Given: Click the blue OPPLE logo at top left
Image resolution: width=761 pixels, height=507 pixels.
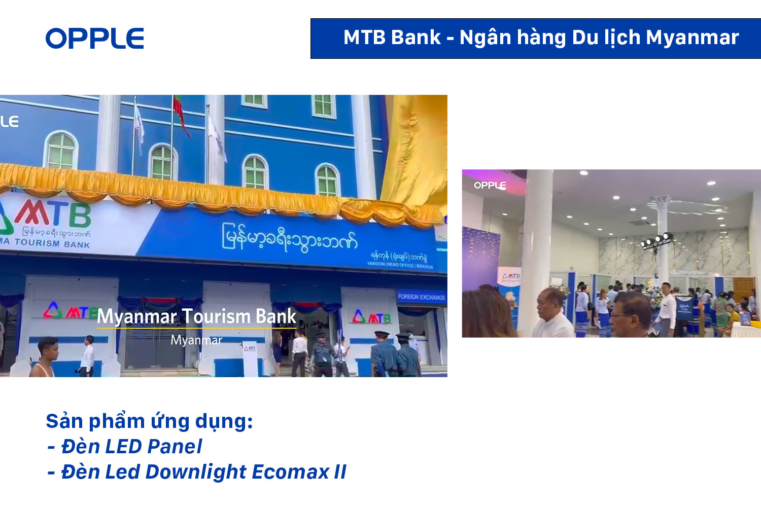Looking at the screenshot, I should click(95, 39).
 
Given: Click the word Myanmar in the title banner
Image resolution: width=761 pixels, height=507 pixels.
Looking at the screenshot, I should click(692, 38).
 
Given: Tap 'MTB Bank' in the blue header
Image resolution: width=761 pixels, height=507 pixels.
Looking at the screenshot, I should click(392, 38).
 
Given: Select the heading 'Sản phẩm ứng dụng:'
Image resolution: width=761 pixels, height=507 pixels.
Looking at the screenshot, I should click(149, 421).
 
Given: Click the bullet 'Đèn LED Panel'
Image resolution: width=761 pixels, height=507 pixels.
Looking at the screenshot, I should click(131, 447).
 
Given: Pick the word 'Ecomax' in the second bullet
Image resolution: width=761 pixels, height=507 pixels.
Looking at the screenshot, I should click(290, 472).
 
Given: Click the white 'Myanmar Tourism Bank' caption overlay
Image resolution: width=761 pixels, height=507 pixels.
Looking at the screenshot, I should click(196, 316).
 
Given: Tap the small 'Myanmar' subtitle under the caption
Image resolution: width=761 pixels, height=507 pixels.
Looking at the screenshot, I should click(196, 340).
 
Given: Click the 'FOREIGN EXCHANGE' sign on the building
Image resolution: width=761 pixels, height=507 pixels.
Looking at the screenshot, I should click(421, 297).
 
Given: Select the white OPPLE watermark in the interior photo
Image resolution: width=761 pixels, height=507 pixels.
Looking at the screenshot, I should click(490, 185).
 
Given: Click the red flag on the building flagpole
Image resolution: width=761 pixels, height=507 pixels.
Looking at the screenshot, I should click(180, 114).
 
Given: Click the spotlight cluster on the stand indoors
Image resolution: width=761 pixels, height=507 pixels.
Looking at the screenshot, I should click(656, 240).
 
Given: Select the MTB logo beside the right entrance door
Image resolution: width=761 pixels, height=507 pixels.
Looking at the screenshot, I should click(372, 317).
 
